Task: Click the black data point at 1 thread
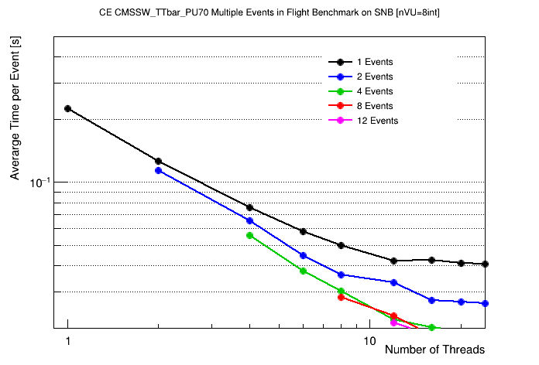(x=68, y=109)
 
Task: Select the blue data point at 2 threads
(x=159, y=170)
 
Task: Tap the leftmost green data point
(x=249, y=235)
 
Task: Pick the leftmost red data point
(x=341, y=297)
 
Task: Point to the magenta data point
(x=394, y=322)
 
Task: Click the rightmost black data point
(x=485, y=264)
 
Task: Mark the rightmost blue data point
(x=485, y=303)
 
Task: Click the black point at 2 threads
(x=159, y=161)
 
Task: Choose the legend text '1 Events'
(x=375, y=62)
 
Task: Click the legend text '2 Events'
(x=375, y=77)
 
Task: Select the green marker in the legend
(x=341, y=91)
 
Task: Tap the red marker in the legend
(x=341, y=106)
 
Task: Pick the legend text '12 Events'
(x=377, y=121)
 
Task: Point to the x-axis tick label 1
(x=68, y=341)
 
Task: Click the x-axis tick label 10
(x=369, y=341)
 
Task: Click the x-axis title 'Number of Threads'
(x=434, y=350)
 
